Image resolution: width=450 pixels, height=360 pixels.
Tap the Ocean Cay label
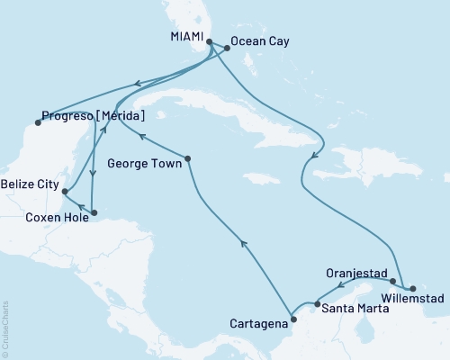coord(259,41)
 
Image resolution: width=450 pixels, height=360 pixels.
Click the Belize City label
coord(29,184)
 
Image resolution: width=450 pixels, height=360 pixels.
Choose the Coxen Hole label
coord(56,216)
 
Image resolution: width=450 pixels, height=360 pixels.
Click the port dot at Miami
coord(209,42)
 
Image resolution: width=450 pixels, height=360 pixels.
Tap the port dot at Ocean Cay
coord(226,48)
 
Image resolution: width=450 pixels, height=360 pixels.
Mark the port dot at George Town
coord(189,161)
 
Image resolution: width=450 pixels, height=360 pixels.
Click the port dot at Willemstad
coord(412,287)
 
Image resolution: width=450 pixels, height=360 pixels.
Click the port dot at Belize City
coord(66,190)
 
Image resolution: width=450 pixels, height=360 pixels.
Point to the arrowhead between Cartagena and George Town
coord(241,241)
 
